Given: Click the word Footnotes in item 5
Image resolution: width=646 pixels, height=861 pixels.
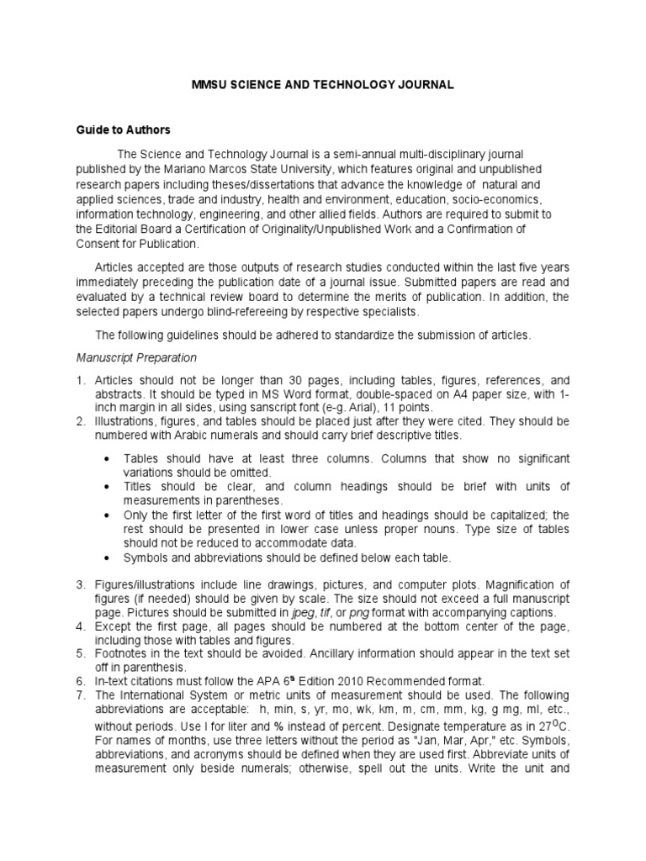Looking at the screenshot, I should (124, 652).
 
